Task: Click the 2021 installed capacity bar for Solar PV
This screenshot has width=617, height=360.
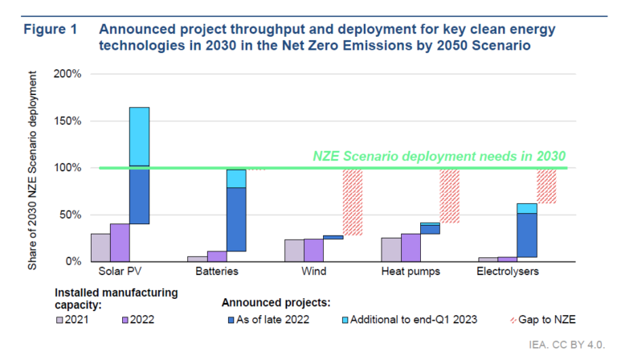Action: coord(100,247)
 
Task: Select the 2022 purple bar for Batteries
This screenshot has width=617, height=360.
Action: coord(217,256)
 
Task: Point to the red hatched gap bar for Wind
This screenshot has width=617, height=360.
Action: coord(352,202)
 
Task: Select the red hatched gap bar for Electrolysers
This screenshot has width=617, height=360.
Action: coord(546,186)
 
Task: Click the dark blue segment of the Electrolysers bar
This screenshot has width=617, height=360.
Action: coord(527,235)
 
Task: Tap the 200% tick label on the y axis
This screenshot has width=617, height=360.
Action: coord(67,74)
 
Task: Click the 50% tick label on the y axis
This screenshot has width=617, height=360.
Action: coord(70,215)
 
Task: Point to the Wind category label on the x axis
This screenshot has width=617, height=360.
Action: coord(314,272)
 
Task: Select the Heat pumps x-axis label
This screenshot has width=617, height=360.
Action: coord(411,272)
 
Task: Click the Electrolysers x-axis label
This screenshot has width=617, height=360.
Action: coord(508,272)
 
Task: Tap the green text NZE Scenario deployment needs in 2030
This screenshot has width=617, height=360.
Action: coord(440,156)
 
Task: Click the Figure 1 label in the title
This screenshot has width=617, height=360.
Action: coord(51,29)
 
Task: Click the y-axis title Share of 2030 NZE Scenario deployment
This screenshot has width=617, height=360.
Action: coord(33,169)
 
